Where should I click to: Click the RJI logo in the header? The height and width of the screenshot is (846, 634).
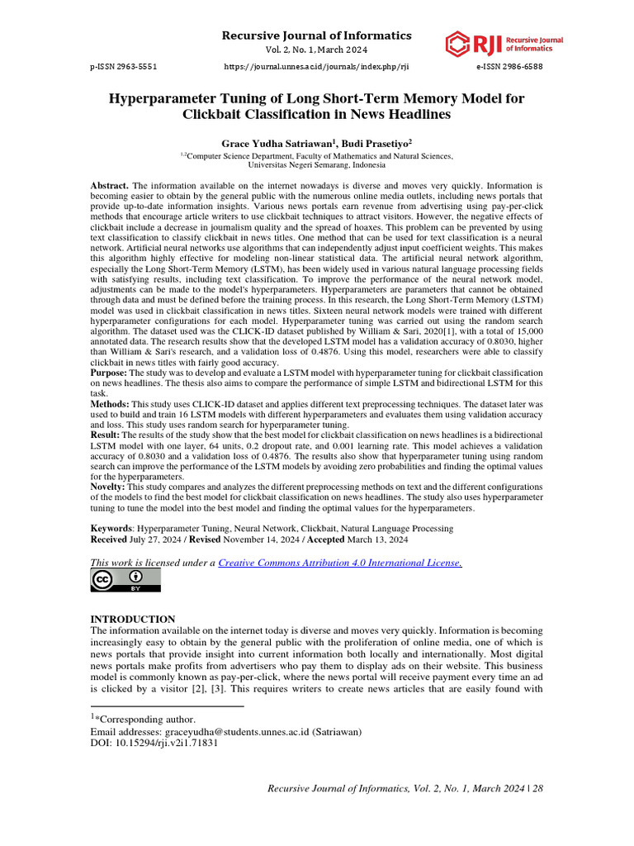click(493, 44)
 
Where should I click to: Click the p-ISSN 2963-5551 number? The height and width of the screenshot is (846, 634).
click(124, 66)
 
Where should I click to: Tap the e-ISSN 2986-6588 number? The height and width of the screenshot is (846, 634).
click(510, 66)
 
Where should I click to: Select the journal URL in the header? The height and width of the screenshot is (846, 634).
click(317, 66)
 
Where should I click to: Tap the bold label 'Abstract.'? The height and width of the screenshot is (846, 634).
click(109, 186)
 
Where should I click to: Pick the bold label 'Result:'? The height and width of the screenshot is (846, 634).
click(107, 434)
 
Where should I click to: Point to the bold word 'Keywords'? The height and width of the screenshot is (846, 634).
click(111, 526)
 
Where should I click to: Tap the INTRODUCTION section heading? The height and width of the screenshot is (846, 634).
click(132, 619)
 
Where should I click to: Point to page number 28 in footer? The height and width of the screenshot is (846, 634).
click(537, 789)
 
